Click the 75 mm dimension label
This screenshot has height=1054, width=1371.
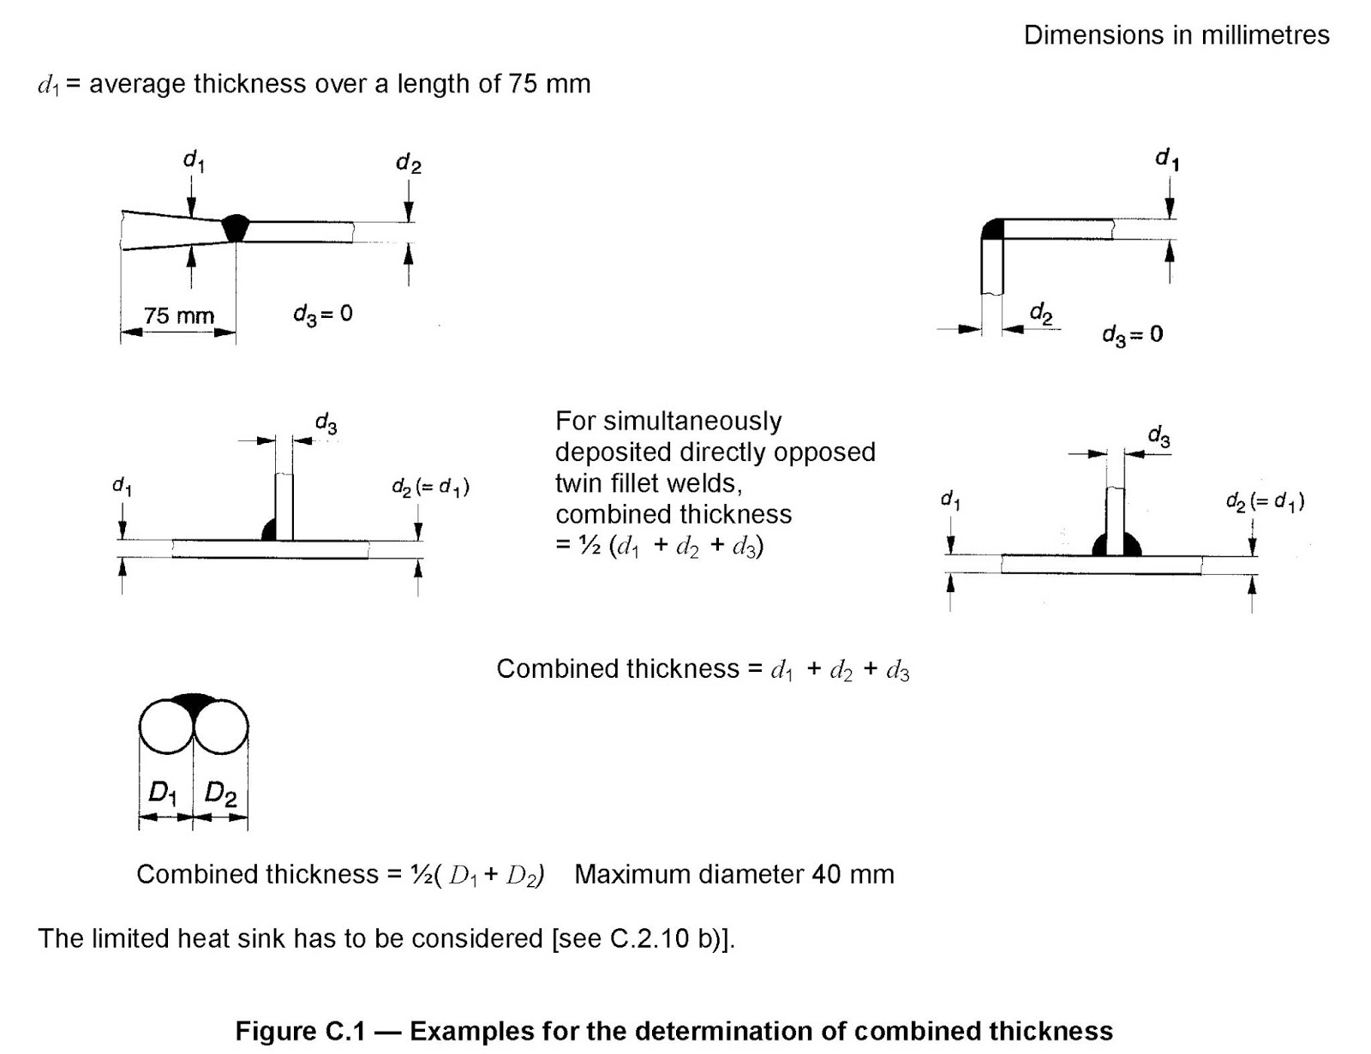tap(178, 315)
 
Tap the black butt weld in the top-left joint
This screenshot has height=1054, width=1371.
tap(235, 229)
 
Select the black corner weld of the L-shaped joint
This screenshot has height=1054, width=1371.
tap(993, 229)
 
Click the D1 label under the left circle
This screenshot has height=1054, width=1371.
tap(163, 793)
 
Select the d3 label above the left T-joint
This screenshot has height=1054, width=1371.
tap(326, 423)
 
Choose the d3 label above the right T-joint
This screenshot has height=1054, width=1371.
tap(1158, 437)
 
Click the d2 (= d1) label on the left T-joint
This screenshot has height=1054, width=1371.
tap(430, 488)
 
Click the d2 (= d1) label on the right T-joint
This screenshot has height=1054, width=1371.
tap(1265, 501)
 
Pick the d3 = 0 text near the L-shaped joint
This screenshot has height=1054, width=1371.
tap(1132, 334)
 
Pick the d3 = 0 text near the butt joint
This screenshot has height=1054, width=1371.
tap(322, 314)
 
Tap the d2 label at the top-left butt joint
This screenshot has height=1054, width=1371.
tap(408, 163)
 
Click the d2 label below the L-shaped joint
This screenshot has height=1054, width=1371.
tap(1040, 313)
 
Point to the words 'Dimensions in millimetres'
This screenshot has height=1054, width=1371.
tap(1176, 35)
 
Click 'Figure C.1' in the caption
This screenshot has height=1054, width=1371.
tap(300, 1030)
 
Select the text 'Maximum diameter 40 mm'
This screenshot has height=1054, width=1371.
tap(733, 874)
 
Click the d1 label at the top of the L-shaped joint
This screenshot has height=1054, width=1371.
tap(1166, 159)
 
